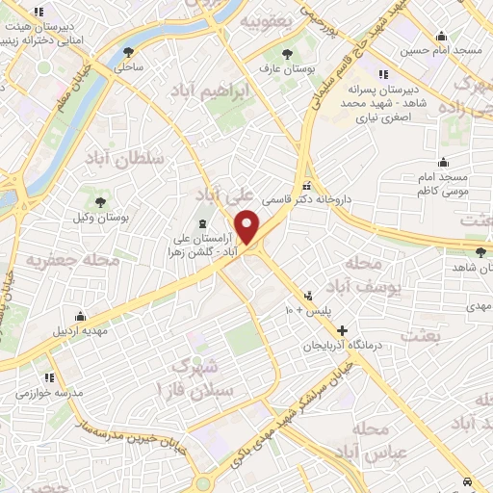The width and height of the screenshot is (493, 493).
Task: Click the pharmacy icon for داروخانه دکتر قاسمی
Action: pos(306,187)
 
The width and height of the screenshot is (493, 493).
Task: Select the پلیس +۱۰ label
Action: pos(307,311)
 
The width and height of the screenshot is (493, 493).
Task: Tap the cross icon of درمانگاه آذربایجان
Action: pos(342,330)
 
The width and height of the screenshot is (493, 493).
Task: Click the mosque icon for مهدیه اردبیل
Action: pos(81,317)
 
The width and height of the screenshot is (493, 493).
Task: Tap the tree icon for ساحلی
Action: pos(128,53)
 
